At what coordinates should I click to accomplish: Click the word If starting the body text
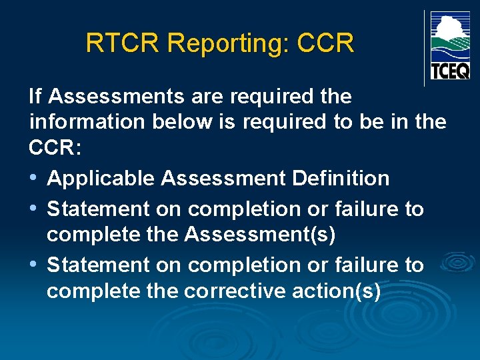(x=35, y=97)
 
